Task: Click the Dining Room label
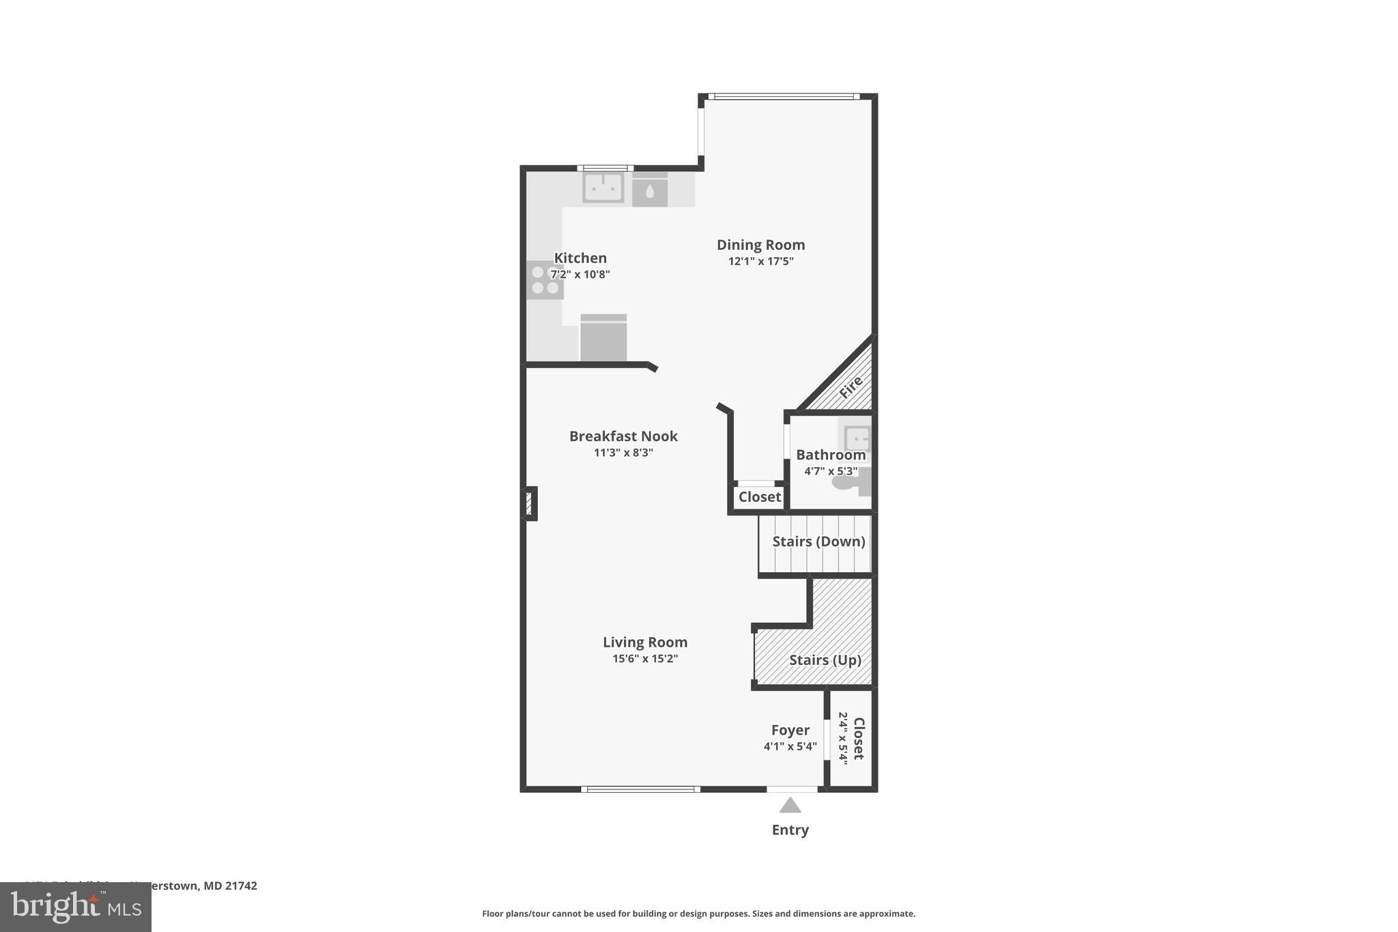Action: coord(760,244)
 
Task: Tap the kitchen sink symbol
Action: coord(603,188)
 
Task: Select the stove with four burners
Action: coord(544,281)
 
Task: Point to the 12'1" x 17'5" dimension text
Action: coord(760,262)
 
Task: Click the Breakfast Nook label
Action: coord(623,436)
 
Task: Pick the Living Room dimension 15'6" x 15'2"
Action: coord(644,659)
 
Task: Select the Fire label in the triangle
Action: coord(851,387)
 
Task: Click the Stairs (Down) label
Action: coord(818,541)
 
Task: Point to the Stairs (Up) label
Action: coord(825,660)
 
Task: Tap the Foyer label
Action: coord(790,730)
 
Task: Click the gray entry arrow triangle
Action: coord(790,806)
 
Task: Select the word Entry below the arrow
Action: coord(790,830)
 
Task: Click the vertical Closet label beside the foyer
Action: coord(859,738)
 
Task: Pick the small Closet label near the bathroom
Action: coord(759,497)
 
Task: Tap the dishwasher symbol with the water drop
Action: coord(649,190)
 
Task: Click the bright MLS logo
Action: coord(76,907)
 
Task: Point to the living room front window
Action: coord(640,789)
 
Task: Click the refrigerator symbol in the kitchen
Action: coord(603,338)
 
